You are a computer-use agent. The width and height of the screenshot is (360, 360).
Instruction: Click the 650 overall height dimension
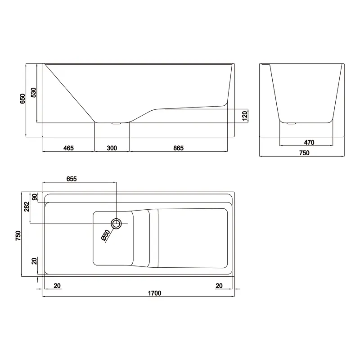[22, 99]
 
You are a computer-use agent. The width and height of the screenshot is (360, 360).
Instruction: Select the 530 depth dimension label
[33, 93]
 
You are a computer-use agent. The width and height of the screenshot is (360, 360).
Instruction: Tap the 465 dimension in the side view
[68, 148]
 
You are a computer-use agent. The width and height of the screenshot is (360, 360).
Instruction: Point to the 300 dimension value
[112, 148]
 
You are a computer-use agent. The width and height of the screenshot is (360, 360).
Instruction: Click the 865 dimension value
[178, 148]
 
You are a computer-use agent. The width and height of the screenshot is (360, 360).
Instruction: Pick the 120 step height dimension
[245, 116]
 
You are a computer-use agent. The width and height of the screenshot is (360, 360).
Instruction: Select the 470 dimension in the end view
[309, 143]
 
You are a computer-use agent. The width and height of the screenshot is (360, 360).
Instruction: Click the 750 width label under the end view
[305, 153]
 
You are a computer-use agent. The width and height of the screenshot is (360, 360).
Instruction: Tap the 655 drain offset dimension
[72, 179]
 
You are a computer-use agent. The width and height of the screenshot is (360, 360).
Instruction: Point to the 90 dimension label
[35, 197]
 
